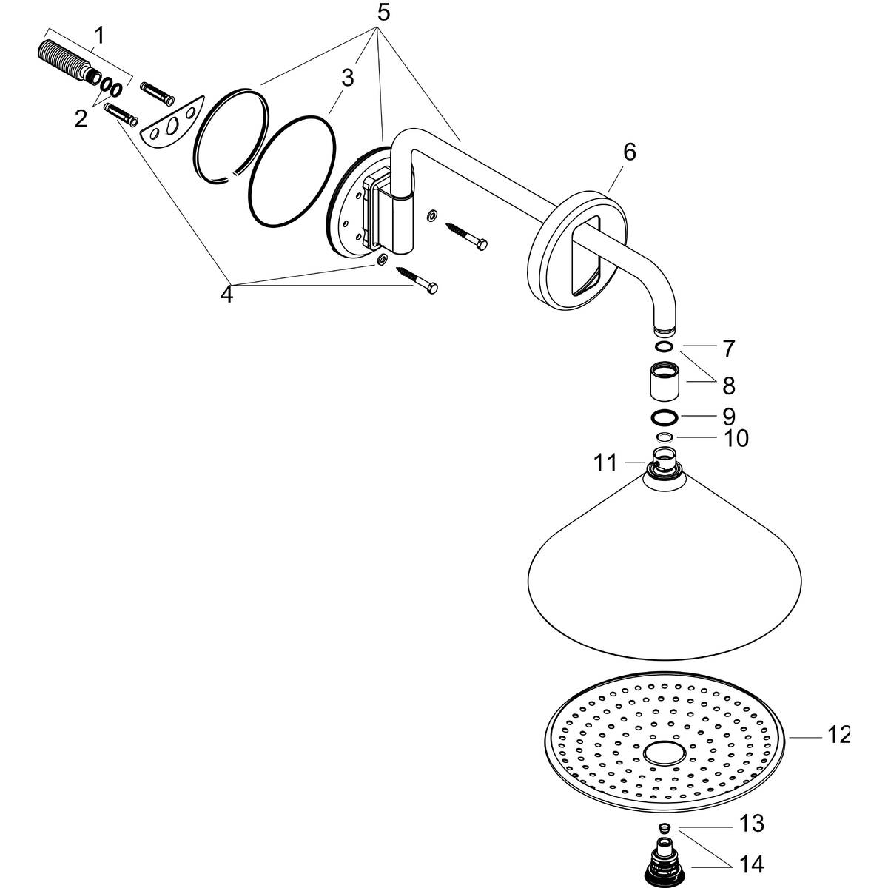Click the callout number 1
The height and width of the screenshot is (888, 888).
98,36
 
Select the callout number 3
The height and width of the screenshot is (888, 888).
348,78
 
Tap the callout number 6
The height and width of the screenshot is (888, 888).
628,152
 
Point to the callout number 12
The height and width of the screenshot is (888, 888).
838,735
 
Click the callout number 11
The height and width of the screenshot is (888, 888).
605,463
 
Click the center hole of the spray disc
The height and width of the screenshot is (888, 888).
665,754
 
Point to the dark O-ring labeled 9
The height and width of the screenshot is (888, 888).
665,417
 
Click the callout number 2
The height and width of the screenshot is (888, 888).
81,118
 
